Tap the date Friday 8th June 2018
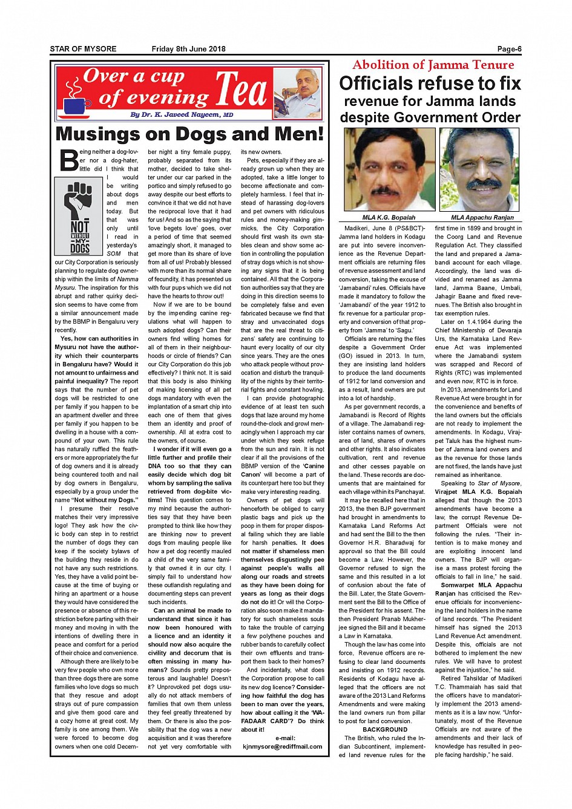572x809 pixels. point(188,49)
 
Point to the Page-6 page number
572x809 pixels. point(509,49)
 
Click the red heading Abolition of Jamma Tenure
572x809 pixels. point(433,65)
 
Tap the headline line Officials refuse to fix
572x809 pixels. point(430,84)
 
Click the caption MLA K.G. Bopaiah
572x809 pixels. point(389,217)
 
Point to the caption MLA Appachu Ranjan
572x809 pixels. point(482,217)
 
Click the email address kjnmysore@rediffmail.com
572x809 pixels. point(283,746)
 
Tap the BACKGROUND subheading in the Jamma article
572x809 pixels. point(385,730)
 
